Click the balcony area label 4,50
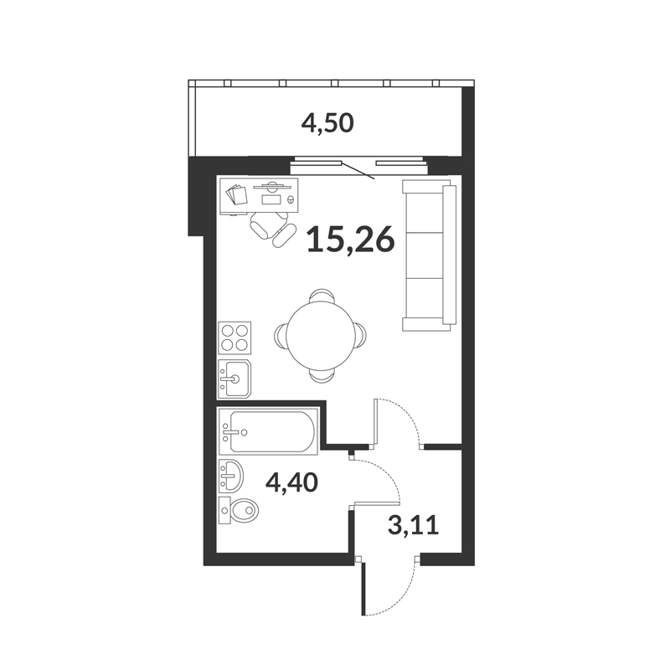tap(327, 123)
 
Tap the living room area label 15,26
tap(350, 240)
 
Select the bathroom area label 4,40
tap(291, 483)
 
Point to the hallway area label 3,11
tap(413, 525)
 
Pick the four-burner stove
tap(234, 338)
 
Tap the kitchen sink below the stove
tap(234, 379)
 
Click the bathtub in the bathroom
tap(268, 431)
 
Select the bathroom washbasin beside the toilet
tap(231, 476)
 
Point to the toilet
tap(239, 510)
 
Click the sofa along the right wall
tap(429, 255)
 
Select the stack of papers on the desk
tap(236, 194)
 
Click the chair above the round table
tap(322, 296)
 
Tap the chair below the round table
tap(322, 374)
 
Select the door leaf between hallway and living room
tap(376, 423)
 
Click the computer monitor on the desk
tap(272, 186)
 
